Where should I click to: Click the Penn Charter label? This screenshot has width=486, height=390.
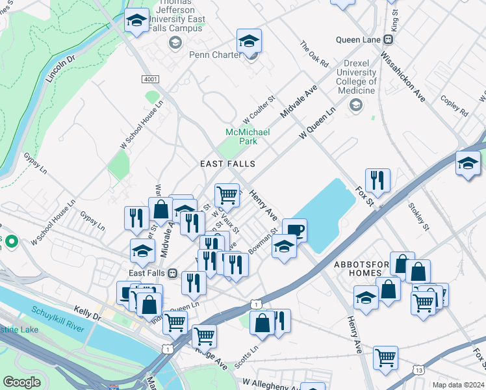[x=215, y=55]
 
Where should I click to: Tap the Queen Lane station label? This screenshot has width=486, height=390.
[x=358, y=40]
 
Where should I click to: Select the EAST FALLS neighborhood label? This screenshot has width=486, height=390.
[x=227, y=164]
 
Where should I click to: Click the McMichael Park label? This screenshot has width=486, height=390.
[x=247, y=136]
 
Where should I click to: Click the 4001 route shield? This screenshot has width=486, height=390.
[x=150, y=79]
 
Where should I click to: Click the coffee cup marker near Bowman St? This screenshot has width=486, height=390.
[x=294, y=230]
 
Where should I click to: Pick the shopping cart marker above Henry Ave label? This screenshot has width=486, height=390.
[x=226, y=194]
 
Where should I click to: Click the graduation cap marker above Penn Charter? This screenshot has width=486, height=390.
[x=249, y=41]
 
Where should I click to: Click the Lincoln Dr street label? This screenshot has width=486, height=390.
[x=61, y=69]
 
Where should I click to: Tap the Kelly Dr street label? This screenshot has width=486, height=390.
[x=88, y=314]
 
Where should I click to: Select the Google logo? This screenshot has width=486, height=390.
[x=22, y=382]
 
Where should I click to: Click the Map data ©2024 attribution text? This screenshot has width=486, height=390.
[x=457, y=385]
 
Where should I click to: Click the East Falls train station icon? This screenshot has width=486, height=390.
[x=173, y=274]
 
